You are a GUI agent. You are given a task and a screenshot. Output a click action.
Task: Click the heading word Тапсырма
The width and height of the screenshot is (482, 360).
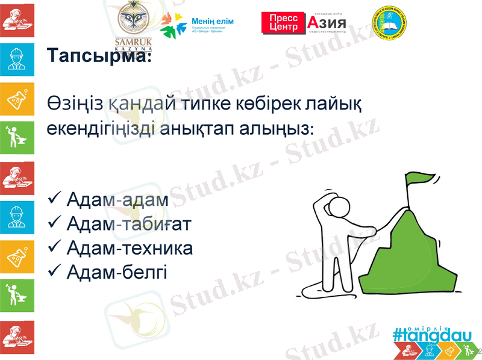98,57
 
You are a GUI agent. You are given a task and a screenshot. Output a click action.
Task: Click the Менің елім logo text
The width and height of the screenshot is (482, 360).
212,22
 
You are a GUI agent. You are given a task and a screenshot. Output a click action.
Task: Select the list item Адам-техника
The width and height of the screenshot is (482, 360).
130,249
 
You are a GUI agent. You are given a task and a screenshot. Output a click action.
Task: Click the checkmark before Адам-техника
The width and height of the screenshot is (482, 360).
53,249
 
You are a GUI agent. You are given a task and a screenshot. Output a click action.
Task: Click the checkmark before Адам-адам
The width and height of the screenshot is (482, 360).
53,199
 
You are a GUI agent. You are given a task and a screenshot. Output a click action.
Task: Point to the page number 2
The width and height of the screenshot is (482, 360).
478,350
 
